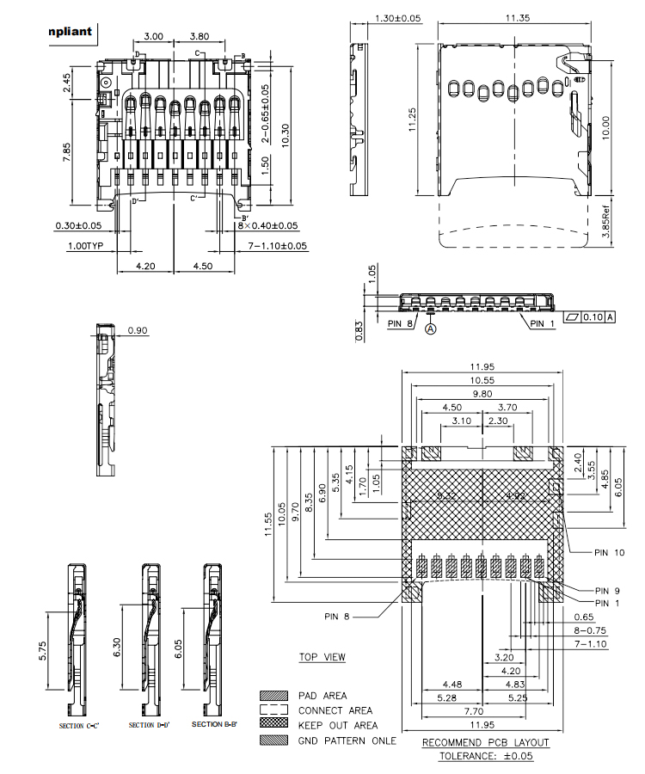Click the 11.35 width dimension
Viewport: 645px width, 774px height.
[517, 17]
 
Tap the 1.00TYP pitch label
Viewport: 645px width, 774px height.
[86, 246]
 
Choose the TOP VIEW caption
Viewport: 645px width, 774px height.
[322, 658]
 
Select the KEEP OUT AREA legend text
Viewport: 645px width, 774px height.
[336, 725]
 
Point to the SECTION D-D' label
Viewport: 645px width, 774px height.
[150, 726]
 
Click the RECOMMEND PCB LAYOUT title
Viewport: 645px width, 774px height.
[486, 742]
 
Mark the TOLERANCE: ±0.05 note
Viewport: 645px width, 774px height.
[486, 757]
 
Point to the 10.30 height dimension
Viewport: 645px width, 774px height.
[275, 134]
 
